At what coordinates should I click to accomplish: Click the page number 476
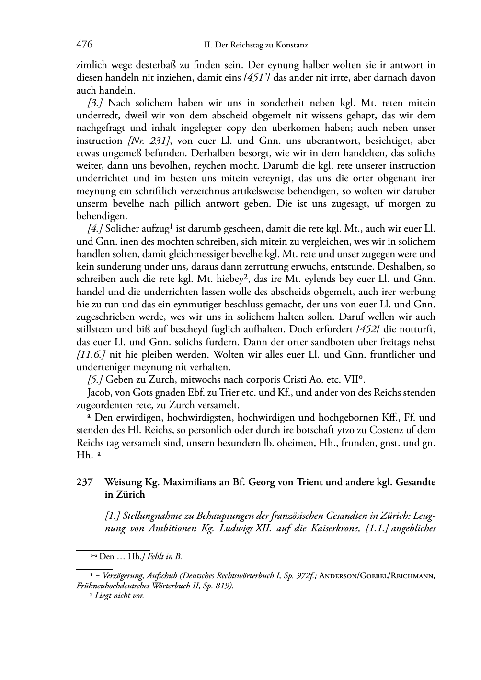(x=84, y=45)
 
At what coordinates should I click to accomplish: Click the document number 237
(x=84, y=482)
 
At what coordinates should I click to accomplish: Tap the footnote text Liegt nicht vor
(x=119, y=596)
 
